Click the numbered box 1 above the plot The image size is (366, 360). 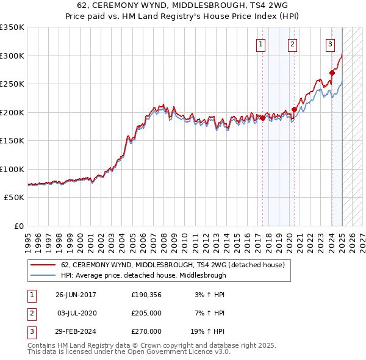pyautogui.click(x=261, y=44)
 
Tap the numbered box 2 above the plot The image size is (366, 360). pyautogui.click(x=293, y=44)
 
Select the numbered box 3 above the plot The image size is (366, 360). pyautogui.click(x=330, y=44)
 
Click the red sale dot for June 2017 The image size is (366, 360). pyautogui.click(x=263, y=118)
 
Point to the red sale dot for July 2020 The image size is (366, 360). pyautogui.click(x=294, y=110)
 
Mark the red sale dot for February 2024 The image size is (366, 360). pyautogui.click(x=332, y=73)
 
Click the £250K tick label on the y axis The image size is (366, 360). pyautogui.click(x=12, y=84)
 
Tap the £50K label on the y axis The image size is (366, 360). pyautogui.click(x=14, y=198)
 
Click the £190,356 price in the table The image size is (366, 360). pyautogui.click(x=146, y=295)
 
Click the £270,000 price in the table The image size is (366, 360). pyautogui.click(x=146, y=332)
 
